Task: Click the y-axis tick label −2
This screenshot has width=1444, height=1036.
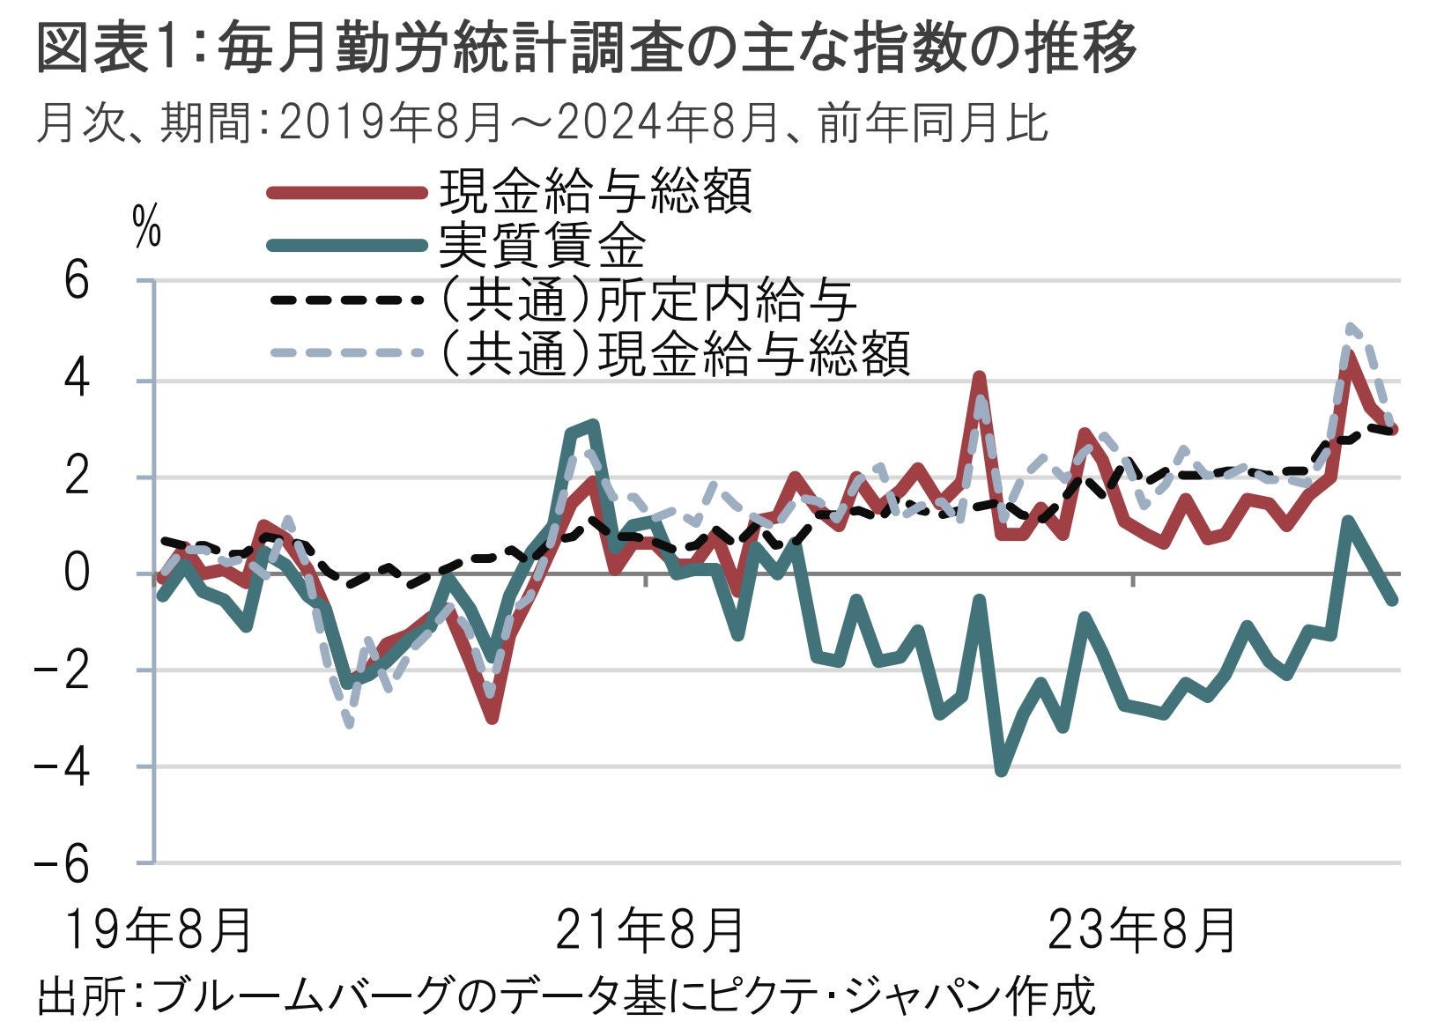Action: pos(62,671)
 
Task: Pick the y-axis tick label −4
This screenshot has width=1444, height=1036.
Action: pos(62,768)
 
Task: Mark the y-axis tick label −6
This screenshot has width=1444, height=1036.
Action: pos(62,864)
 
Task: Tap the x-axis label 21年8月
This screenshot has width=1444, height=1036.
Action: pos(650,930)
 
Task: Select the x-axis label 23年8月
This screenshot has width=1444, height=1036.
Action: pos(1142,930)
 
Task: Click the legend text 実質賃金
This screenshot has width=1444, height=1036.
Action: pos(543,246)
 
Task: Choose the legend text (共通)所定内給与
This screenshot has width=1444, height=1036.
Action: pos(648,300)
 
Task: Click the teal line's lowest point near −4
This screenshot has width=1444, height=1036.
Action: pos(1001,771)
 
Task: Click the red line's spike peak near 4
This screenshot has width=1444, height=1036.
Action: pos(979,377)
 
